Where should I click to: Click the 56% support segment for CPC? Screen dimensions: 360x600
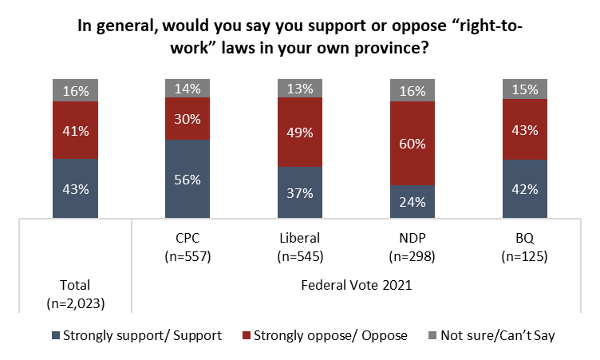[x=187, y=179]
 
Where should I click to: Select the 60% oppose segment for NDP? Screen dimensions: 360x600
[x=413, y=144]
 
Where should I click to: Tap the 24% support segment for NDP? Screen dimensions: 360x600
[x=413, y=201]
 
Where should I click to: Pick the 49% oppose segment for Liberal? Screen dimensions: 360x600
[x=300, y=132]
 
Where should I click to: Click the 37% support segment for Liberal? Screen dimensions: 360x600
[x=300, y=192]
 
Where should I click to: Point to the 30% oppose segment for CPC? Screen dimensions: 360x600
[x=187, y=118]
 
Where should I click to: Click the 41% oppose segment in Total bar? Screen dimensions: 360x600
[x=75, y=130]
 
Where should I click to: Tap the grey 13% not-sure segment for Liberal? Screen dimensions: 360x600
[x=300, y=88]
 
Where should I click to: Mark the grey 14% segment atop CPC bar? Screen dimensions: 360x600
[x=187, y=89]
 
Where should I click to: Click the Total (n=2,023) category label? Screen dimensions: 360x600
[x=75, y=292]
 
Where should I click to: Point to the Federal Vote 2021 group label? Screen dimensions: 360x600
[x=357, y=284]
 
